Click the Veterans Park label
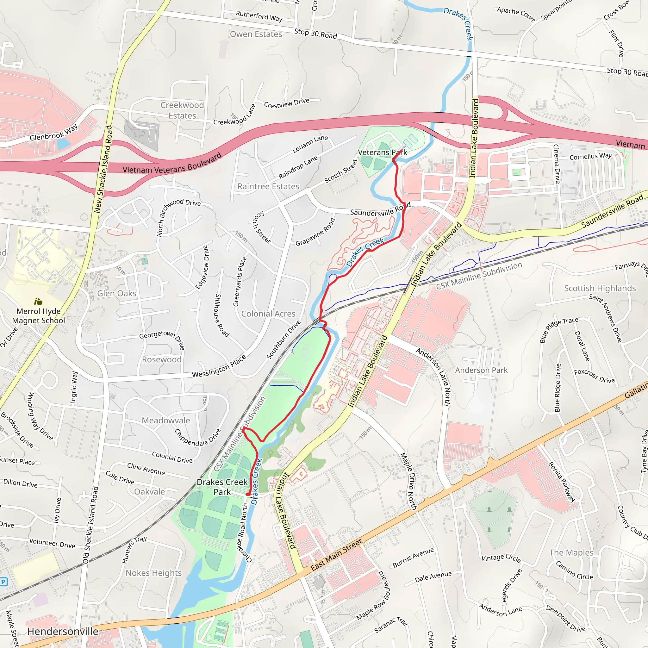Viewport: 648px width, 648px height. (x=382, y=153)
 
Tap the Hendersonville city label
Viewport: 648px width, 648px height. (x=63, y=631)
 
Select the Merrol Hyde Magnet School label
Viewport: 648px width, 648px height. (x=39, y=315)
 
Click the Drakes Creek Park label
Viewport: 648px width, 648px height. (x=222, y=487)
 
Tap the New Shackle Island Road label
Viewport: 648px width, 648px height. (x=103, y=169)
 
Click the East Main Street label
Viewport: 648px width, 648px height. (x=336, y=555)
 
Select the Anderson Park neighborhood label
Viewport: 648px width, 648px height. (x=481, y=370)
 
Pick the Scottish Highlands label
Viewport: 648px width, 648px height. (x=600, y=289)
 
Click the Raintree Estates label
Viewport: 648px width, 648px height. (x=268, y=186)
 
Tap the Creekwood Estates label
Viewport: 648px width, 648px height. (x=182, y=110)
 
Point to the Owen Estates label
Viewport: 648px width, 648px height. (x=256, y=34)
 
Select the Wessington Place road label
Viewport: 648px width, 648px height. (x=219, y=366)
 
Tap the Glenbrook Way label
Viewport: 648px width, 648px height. (x=54, y=133)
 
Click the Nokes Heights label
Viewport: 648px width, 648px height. (x=153, y=573)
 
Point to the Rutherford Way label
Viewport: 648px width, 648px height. (x=259, y=16)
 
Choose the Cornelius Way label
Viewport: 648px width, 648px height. (x=590, y=156)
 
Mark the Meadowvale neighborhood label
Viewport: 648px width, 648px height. (x=166, y=420)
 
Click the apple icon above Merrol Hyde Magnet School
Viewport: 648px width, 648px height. (x=38, y=302)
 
